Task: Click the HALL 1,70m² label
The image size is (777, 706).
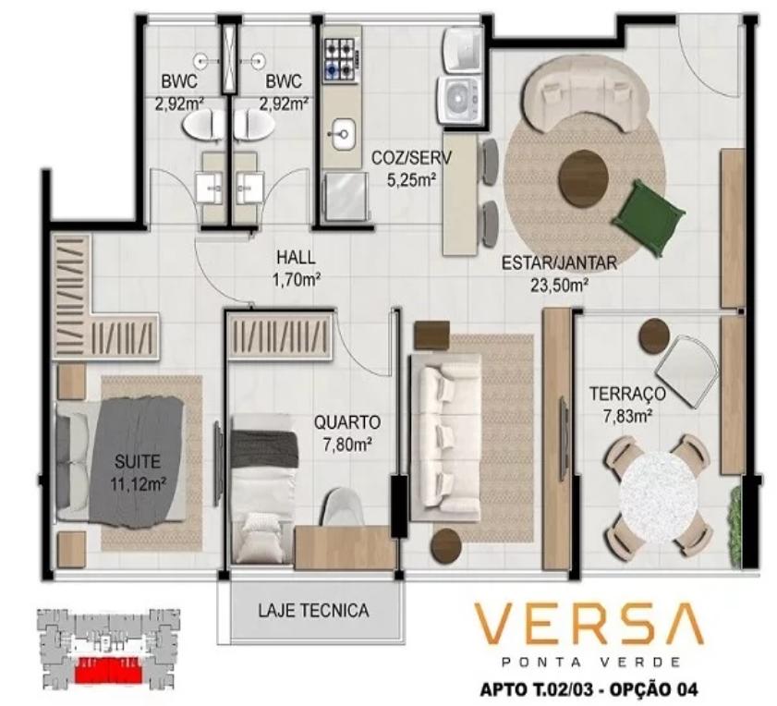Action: tap(296, 269)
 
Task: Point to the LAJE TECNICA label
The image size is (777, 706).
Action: tap(313, 610)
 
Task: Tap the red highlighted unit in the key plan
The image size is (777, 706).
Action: tap(108, 668)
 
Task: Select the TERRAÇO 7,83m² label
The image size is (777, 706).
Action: tap(626, 405)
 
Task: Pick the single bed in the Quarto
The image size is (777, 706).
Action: tap(265, 496)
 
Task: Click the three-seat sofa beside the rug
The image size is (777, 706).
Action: tap(445, 437)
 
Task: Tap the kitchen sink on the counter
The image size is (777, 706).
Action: tap(343, 134)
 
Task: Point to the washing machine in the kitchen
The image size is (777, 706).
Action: tap(459, 99)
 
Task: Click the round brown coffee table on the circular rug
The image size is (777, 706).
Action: tap(583, 176)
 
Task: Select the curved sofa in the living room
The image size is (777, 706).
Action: tap(585, 94)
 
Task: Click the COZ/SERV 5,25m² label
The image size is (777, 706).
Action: tap(411, 169)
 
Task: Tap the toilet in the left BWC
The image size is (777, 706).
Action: tap(203, 124)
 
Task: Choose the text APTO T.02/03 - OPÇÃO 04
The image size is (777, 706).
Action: tap(589, 688)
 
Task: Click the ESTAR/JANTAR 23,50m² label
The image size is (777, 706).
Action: tap(560, 274)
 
